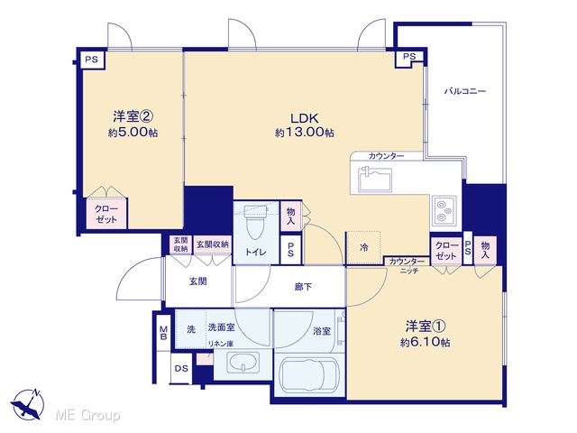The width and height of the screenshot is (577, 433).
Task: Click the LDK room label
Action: coord(305,118)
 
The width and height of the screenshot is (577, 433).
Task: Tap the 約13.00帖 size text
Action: coord(305,133)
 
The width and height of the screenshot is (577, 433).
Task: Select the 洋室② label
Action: coord(133,116)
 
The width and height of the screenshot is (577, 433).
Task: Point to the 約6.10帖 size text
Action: coord(425,343)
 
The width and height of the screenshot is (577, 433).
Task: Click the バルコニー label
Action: coord(465,91)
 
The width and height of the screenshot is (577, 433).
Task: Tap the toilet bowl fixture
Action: coord(255,222)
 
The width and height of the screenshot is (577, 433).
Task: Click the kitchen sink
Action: coord(375,180)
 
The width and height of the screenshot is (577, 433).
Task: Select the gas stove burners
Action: coord(444,210)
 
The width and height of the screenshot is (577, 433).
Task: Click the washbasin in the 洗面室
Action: coord(243,363)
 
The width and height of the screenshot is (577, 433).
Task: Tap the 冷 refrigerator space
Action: coord(363,247)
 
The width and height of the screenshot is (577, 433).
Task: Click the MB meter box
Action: coord(163,333)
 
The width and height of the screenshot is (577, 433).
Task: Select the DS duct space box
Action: coord(181,368)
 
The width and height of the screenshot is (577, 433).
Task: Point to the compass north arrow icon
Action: coord(27,404)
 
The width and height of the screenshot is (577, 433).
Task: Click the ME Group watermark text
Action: coord(87,415)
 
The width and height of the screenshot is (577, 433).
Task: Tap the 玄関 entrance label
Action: coord(198,281)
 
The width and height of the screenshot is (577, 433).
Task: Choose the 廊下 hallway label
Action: coord(303,287)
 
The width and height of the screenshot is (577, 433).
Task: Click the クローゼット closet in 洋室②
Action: coord(106,214)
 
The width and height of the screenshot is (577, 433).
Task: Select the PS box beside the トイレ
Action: coord(290,249)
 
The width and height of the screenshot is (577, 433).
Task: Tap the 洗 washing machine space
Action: coord(190,328)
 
